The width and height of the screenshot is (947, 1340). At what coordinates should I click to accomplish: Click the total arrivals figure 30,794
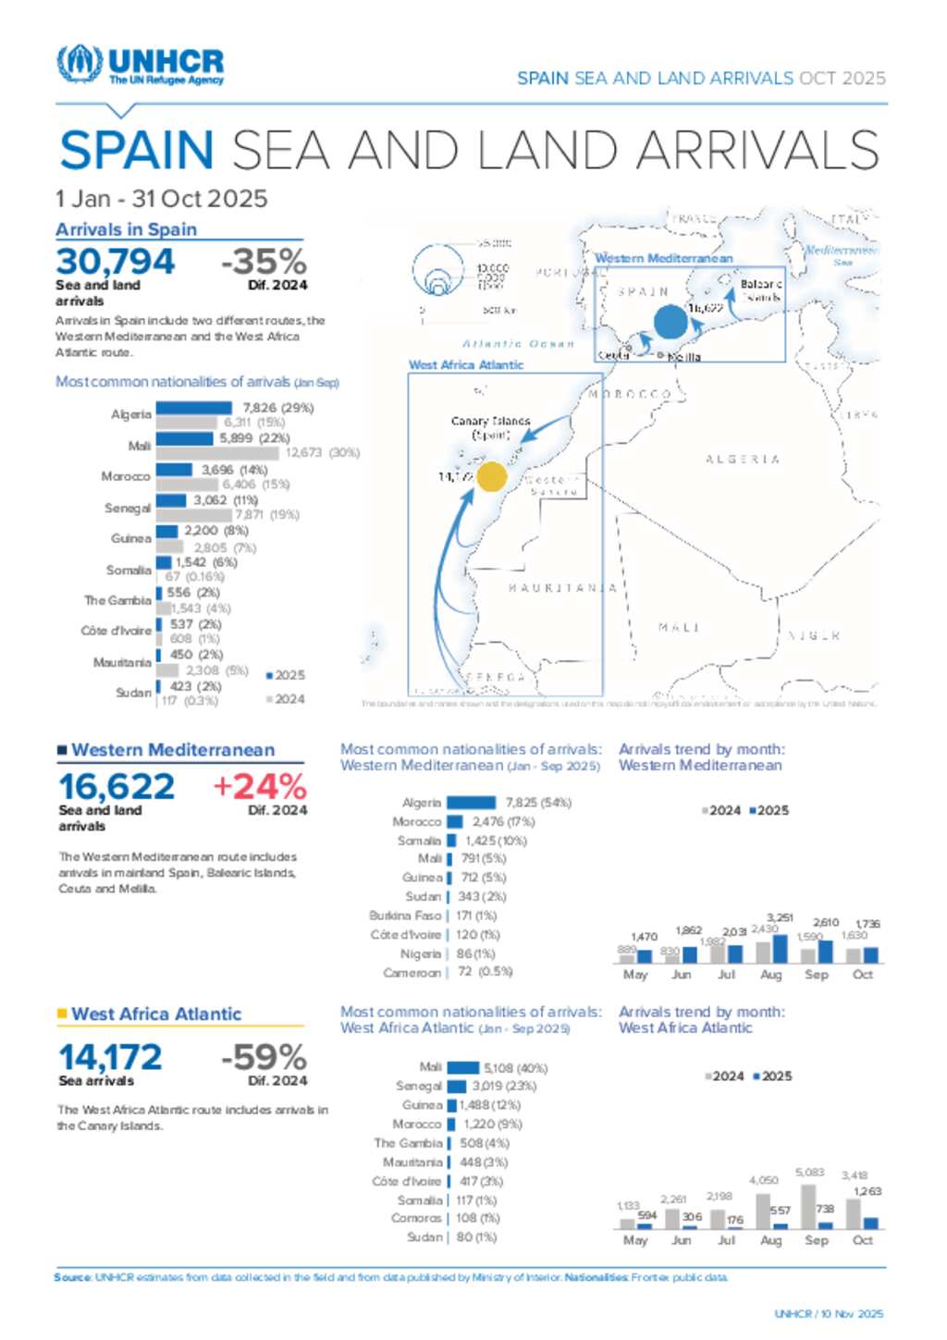[x=115, y=262]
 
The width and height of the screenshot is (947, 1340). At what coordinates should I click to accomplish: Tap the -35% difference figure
[x=264, y=262]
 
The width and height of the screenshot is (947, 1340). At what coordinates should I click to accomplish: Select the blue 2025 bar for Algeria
[x=193, y=408]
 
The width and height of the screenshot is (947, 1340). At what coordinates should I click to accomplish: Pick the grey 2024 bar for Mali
[x=216, y=453]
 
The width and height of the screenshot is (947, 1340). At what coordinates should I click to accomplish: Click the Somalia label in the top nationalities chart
[x=129, y=570]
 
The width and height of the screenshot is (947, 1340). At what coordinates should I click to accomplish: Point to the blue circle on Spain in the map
[x=670, y=323]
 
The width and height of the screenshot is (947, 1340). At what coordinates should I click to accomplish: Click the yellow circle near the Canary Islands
[x=491, y=476]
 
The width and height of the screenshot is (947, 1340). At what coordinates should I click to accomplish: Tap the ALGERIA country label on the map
[x=742, y=459]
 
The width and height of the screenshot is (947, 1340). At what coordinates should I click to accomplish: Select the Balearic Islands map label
[x=761, y=290]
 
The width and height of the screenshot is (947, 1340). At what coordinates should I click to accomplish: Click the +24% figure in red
[x=260, y=787]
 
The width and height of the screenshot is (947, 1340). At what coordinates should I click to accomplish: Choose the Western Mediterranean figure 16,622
[x=117, y=787]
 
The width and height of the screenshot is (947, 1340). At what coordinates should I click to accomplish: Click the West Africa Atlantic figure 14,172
[x=110, y=1057]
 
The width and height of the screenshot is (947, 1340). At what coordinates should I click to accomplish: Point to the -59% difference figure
[x=264, y=1057]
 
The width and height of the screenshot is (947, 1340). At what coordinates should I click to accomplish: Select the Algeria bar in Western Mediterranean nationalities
[x=471, y=803]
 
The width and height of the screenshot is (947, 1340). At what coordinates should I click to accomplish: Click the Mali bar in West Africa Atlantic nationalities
[x=462, y=1067]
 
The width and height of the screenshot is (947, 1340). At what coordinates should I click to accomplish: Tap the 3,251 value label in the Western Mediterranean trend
[x=780, y=917]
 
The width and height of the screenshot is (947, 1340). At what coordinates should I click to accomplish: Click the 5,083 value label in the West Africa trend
[x=809, y=1173]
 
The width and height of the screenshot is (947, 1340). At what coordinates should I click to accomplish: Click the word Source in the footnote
[x=72, y=1277]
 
